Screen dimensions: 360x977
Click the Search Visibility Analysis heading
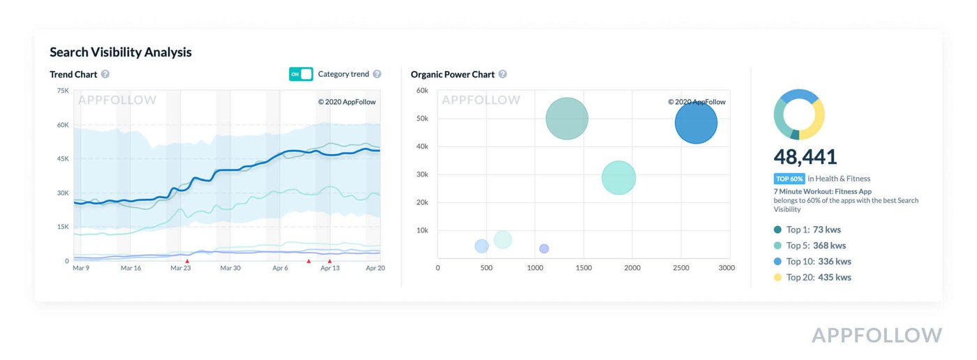point(120,52)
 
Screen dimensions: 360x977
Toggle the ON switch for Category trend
point(301,74)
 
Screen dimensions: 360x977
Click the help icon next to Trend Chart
point(105,74)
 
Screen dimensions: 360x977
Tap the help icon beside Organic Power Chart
point(502,74)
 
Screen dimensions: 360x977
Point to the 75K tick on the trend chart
point(62,91)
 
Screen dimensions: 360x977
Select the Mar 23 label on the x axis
point(180,268)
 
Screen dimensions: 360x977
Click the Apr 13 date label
point(330,268)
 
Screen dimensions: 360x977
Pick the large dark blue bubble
point(696,123)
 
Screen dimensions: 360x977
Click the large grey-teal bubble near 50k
point(567,119)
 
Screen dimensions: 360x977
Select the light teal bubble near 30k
point(618,177)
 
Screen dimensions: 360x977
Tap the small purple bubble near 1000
point(544,248)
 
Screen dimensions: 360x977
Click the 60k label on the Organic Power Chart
point(422,91)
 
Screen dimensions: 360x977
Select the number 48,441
point(805,156)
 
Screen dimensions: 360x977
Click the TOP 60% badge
point(789,179)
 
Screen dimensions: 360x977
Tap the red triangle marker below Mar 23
point(187,261)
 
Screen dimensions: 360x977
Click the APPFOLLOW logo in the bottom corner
point(877,336)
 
